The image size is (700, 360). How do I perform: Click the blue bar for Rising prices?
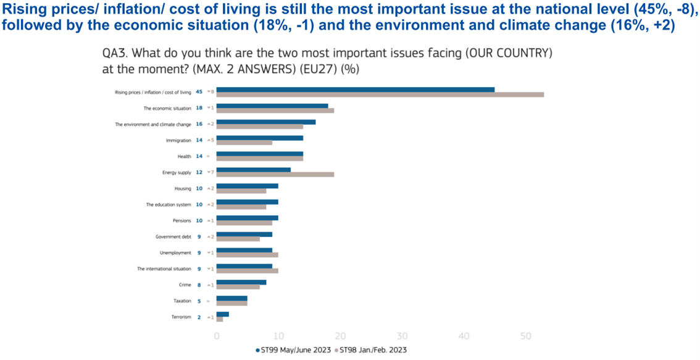point(356,90)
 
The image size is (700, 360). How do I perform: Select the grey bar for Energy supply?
point(275,174)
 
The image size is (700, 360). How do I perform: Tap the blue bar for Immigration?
point(260,138)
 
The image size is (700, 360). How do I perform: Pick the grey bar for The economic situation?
point(275,110)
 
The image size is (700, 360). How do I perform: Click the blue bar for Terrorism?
point(223,314)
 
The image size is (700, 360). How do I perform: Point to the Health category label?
point(185,156)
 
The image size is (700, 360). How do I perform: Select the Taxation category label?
point(182,301)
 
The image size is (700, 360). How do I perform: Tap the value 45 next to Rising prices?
point(199,92)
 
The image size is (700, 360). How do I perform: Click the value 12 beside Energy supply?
point(199,172)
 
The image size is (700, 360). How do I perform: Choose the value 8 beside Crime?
point(199,285)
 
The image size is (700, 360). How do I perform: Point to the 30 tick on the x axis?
point(402,336)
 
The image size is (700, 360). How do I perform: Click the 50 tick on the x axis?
point(526,336)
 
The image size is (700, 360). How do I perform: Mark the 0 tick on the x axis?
point(217,336)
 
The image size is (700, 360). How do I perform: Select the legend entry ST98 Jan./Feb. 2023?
point(372,350)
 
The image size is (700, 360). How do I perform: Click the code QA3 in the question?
point(115,54)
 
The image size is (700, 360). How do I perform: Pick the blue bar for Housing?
point(248,186)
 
